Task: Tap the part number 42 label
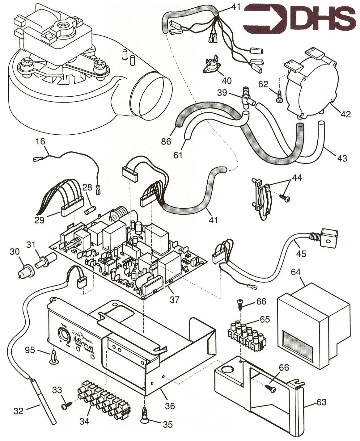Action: (346, 114)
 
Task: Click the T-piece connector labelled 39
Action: (246, 97)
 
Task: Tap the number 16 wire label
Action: (40, 142)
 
